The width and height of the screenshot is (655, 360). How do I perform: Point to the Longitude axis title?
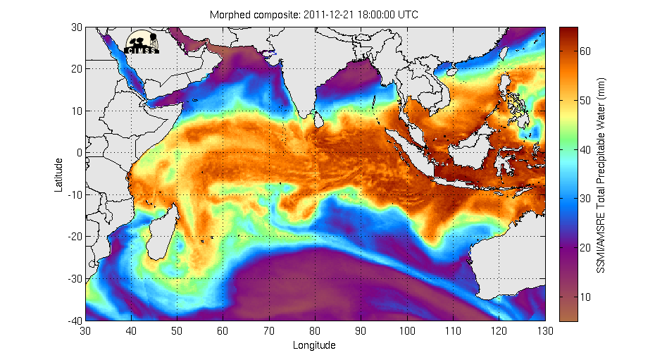tap(314, 345)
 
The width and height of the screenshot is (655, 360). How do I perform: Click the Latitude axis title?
tap(60, 174)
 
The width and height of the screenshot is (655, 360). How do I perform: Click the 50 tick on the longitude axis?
tap(177, 331)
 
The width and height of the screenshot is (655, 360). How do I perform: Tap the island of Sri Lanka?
tap(319, 122)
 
